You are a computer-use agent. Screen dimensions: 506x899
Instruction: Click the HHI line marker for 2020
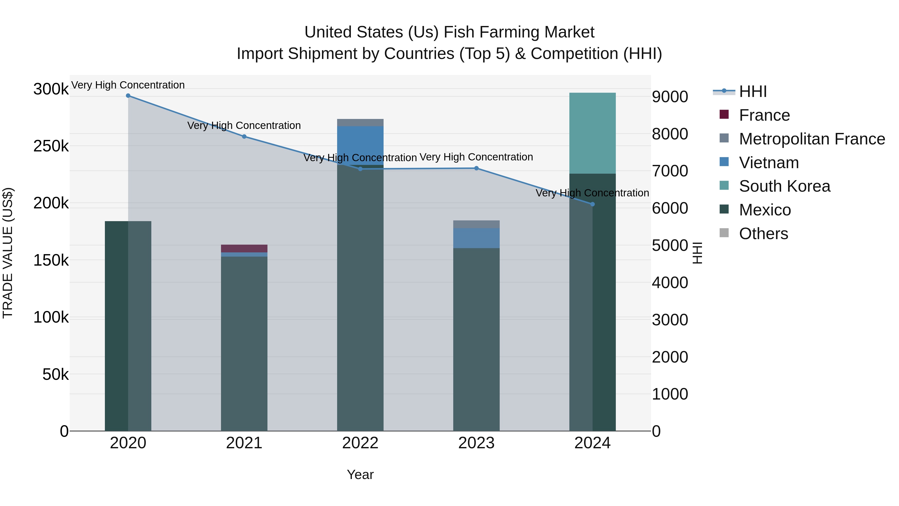pos(128,96)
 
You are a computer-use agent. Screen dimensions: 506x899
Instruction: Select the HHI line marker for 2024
pos(592,204)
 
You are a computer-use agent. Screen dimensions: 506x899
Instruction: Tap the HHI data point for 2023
pos(476,168)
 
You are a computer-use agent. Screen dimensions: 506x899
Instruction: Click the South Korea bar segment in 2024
pos(592,133)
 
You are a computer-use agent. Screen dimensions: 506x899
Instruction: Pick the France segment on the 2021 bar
pos(244,248)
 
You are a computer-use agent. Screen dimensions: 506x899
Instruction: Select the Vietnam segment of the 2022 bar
pos(360,145)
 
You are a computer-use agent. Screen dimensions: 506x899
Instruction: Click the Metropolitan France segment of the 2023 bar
pos(476,224)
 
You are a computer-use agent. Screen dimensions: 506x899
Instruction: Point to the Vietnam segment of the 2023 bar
pos(476,238)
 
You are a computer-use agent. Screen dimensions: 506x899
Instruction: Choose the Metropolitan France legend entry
pos(812,139)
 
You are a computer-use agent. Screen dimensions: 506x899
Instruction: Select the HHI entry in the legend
pos(753,91)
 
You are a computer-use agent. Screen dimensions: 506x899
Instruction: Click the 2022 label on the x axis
pos(360,443)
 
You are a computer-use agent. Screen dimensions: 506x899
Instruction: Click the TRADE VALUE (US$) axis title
pos(8,253)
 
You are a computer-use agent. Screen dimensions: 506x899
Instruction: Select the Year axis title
pos(360,475)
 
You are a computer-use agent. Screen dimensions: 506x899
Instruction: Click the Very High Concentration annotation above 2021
pos(244,125)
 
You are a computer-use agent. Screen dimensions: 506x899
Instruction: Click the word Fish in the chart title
pos(456,32)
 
